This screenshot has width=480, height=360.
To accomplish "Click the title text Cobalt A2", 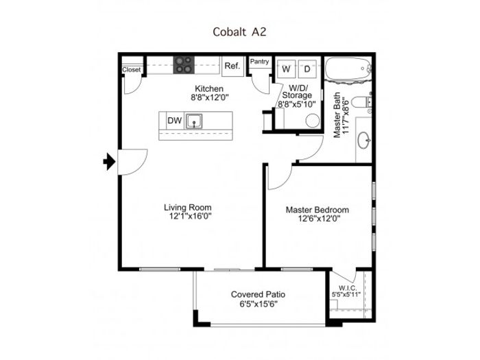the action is [239, 32].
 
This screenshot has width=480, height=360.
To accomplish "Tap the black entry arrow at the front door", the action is [109, 161].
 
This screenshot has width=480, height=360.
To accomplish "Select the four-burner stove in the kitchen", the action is [184, 65].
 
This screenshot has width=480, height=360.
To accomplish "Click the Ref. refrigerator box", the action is [232, 66].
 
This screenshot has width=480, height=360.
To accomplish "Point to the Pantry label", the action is [259, 62].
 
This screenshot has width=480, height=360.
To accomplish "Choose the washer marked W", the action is [286, 69].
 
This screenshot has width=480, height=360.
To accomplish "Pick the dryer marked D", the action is [307, 69].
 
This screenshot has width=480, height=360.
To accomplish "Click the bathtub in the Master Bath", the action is [348, 69].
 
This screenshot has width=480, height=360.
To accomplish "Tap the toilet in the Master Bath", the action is [361, 102].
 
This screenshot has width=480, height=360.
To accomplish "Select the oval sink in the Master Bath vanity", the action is [364, 141].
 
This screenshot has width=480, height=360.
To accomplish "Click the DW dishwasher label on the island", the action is [174, 121].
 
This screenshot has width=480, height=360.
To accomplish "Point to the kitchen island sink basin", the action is [194, 121].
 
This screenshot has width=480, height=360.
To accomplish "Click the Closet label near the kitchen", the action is [132, 70].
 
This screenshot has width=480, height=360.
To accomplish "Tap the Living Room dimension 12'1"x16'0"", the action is [191, 217].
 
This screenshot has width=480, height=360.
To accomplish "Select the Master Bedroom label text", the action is [317, 210].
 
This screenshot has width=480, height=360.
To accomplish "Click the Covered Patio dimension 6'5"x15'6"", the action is [259, 304].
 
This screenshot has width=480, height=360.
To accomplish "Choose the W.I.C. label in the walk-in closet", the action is [348, 288].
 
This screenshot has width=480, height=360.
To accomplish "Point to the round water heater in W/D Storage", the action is [313, 121].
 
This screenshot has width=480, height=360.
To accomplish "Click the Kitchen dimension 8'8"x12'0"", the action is [210, 97].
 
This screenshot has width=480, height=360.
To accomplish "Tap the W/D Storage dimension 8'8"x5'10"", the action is [296, 104].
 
